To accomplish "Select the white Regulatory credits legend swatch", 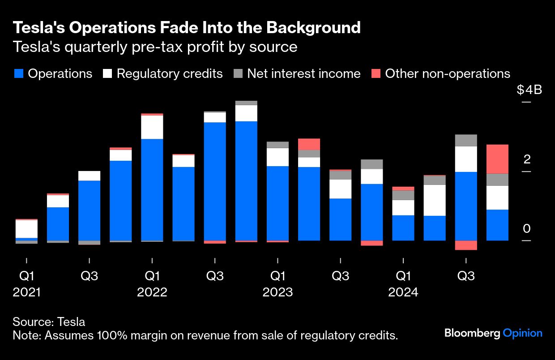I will tap(107, 74).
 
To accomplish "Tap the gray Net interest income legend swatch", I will tap(238, 74).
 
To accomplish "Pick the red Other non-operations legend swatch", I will tap(376, 74).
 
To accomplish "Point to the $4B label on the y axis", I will tap(529, 90).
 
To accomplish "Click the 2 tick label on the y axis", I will tap(526, 159).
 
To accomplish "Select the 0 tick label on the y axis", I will tap(526, 229).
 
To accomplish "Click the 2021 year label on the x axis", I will tap(27, 292).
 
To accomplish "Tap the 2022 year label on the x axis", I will tap(152, 292).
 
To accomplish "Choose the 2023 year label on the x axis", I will tap(277, 292).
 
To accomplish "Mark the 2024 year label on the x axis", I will tap(403, 292).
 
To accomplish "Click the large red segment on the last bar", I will tap(497, 159).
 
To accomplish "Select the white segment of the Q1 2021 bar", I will tap(26, 229).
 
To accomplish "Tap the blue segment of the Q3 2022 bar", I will tap(215, 181).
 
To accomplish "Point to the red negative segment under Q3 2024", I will tap(466, 245).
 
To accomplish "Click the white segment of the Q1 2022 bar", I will tap(152, 127).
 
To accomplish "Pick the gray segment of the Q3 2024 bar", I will tap(466, 140).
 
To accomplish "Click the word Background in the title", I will tap(314, 28).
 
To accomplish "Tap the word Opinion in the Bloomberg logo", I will tap(523, 333).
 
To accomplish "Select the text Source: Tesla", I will tap(49, 321).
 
